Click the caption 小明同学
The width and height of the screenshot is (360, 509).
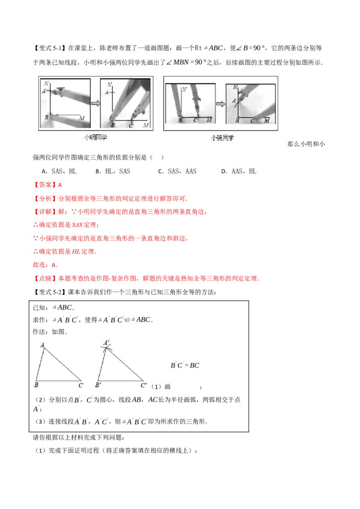coord(96,138)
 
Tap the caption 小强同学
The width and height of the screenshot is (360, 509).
coord(222,138)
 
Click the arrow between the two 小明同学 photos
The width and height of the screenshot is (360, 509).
coord(95,103)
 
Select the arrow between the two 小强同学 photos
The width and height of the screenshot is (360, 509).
coord(220,104)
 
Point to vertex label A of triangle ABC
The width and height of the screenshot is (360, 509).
coord(42,345)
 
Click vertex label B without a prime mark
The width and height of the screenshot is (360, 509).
coord(36,385)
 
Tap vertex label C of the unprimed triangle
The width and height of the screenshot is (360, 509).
coord(81,385)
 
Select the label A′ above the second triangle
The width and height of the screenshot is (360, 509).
coord(107,343)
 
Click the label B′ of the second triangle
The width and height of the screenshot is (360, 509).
coord(97,385)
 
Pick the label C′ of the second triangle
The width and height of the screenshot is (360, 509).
coord(144,385)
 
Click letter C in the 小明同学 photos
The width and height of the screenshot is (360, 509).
coord(130,126)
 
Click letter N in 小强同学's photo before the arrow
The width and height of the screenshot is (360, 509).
coord(184,89)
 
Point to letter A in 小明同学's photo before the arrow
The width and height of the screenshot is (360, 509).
coord(44,91)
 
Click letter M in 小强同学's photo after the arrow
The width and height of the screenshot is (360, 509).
coord(267,121)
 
